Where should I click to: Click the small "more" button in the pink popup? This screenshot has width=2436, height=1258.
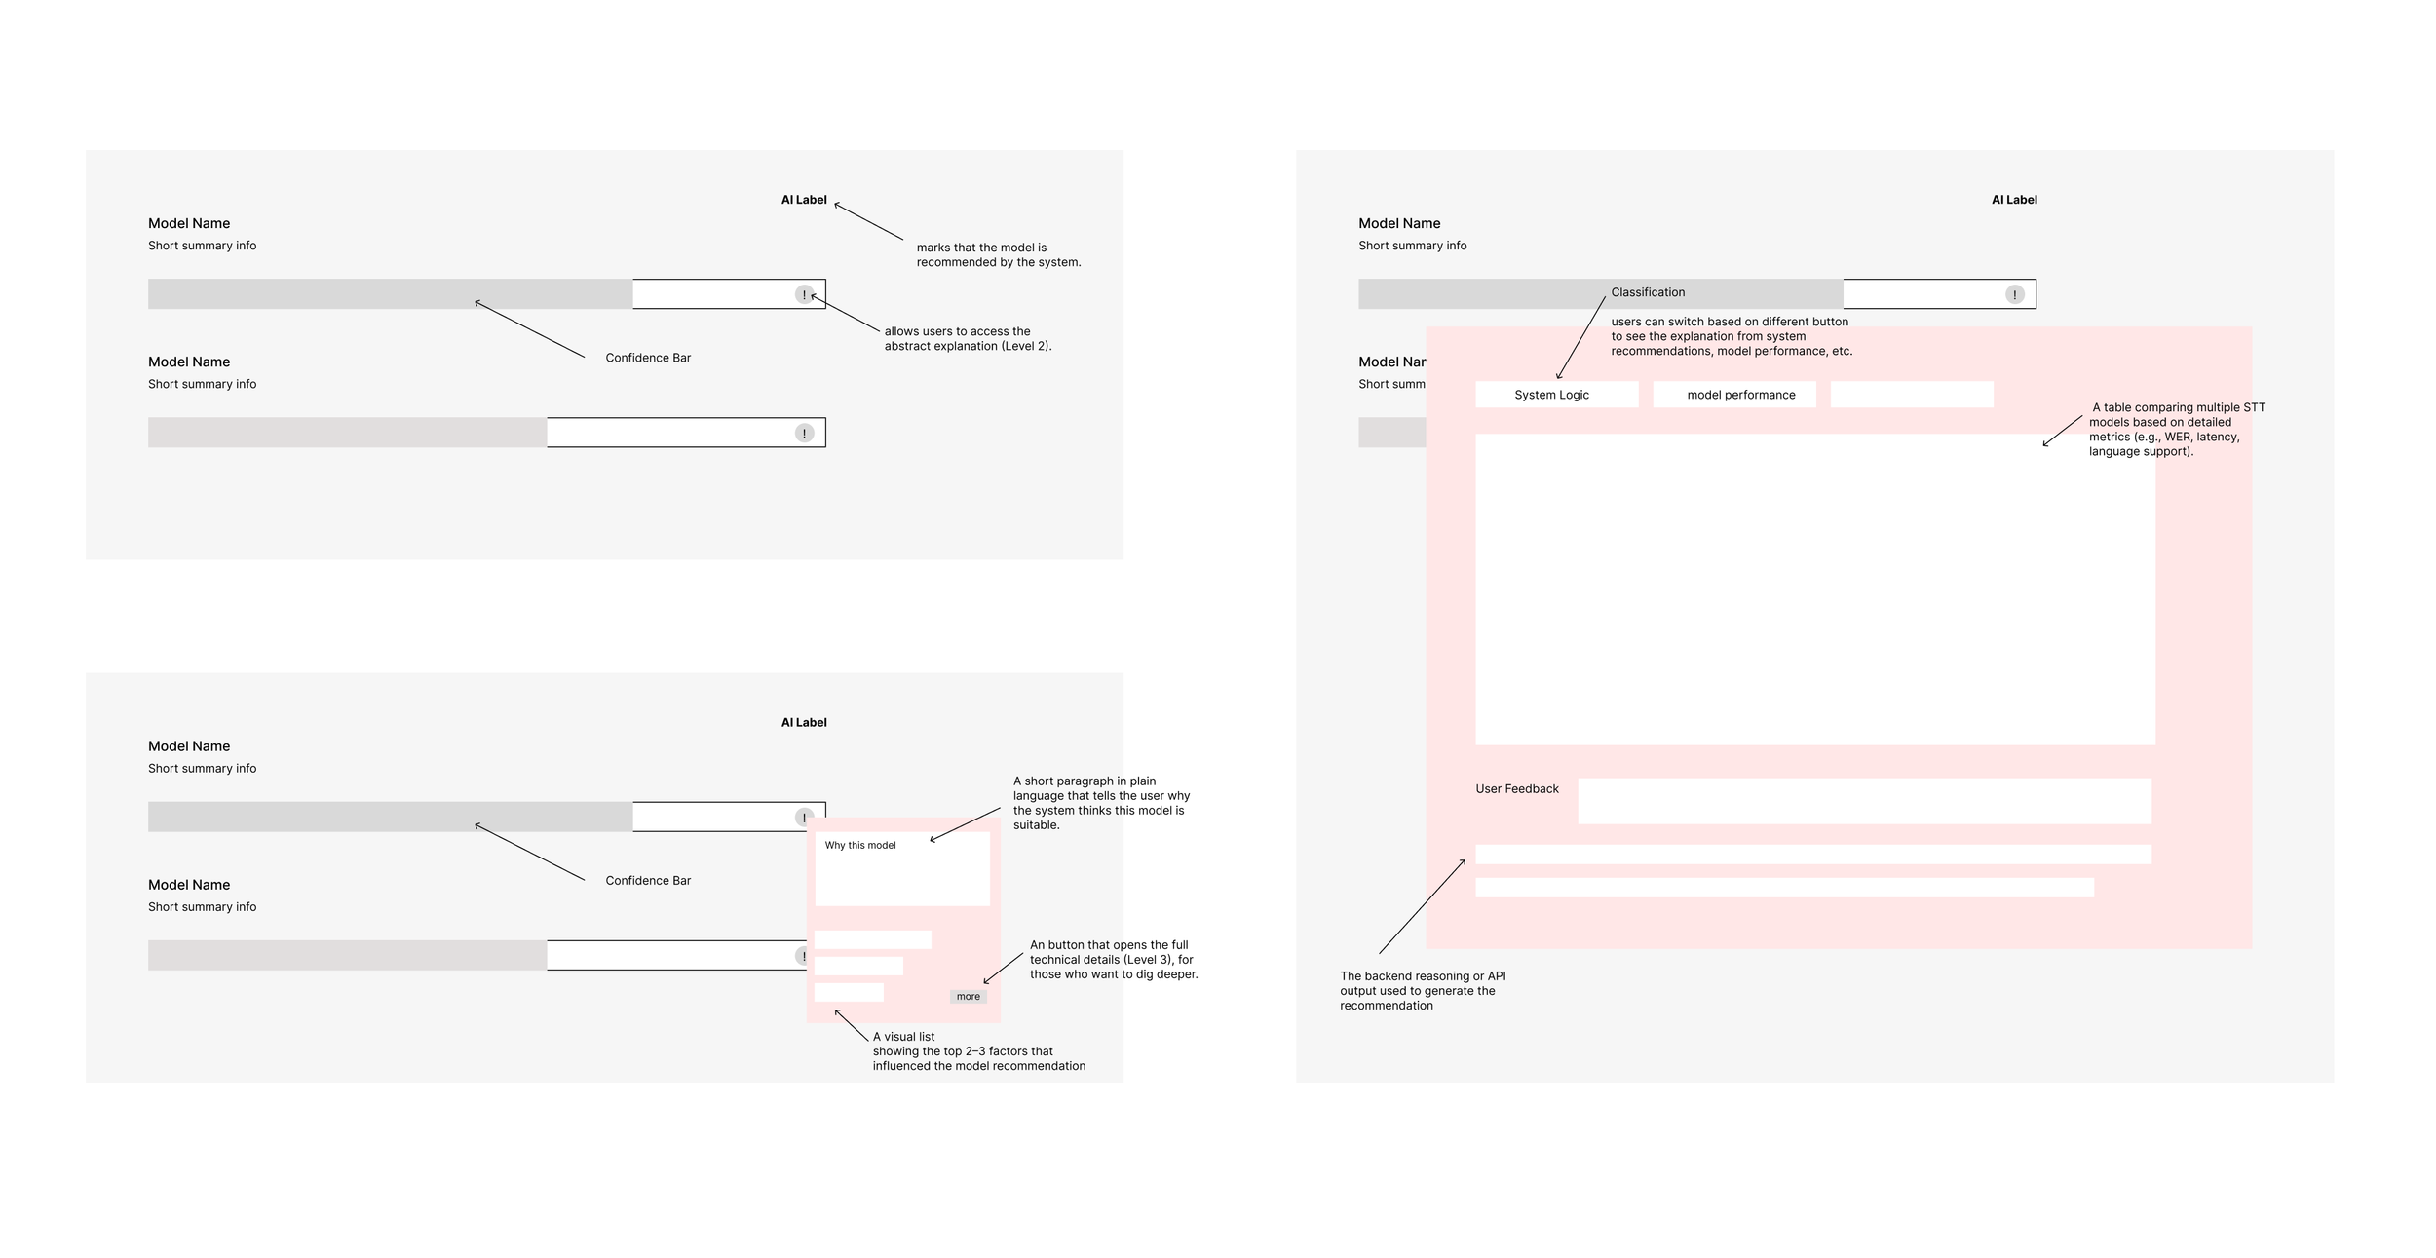(x=968, y=997)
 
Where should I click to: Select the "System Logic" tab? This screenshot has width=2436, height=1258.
(x=1551, y=395)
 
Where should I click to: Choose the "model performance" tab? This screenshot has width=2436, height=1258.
(x=1740, y=395)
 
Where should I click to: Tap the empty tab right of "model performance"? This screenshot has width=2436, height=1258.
(x=1911, y=395)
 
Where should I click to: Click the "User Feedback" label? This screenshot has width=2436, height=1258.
(x=1516, y=789)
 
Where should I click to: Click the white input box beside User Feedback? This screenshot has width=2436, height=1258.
(x=1863, y=801)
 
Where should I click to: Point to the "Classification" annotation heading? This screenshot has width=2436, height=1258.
(x=1647, y=292)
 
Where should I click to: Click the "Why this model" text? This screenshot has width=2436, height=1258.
(x=859, y=846)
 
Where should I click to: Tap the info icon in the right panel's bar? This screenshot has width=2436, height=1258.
(x=2014, y=294)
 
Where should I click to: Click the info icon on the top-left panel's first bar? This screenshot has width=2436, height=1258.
(x=804, y=294)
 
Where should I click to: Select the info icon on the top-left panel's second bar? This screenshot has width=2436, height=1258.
(x=804, y=433)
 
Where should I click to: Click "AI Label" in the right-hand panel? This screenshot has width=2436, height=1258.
(x=2013, y=200)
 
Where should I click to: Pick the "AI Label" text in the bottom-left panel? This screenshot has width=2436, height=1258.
(x=803, y=723)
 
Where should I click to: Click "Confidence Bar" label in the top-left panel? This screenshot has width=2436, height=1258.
(x=648, y=358)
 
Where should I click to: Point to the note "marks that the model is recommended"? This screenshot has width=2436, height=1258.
(x=998, y=255)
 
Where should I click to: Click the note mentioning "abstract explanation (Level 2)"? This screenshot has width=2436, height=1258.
(x=968, y=339)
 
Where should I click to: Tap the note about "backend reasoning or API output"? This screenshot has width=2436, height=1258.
(x=1422, y=991)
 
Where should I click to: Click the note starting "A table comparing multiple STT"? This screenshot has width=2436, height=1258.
(x=2176, y=430)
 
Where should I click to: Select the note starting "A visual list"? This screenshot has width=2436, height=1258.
(x=978, y=1051)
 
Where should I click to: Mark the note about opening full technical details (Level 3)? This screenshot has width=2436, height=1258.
(x=1113, y=960)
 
